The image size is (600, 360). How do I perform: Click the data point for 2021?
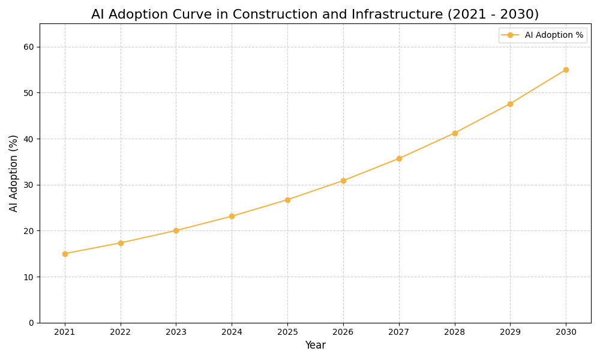pos(65,254)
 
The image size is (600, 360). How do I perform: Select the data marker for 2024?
pos(232,216)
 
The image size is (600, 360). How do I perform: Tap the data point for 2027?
pos(399,158)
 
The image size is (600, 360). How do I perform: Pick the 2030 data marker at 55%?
pos(566,70)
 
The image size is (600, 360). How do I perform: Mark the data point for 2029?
pos(510,104)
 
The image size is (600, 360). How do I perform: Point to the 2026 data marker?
pos(343,181)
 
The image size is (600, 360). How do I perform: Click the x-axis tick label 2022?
pos(121,332)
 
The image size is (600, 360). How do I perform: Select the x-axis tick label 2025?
pos(287,332)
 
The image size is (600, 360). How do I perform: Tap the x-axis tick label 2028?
pos(455,332)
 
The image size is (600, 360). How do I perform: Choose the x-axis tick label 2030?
pos(566,332)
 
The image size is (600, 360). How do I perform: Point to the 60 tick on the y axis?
pos(29,47)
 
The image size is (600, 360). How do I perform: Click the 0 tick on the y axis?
pos(31,323)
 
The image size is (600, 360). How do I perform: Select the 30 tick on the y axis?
pos(29,185)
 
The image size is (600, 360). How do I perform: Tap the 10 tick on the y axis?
pos(29,277)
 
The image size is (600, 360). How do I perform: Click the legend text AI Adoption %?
pos(554,35)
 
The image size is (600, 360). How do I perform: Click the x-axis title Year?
pos(315,346)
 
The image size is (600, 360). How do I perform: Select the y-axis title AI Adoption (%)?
pos(14,173)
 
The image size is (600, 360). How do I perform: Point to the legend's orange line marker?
pos(510,35)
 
